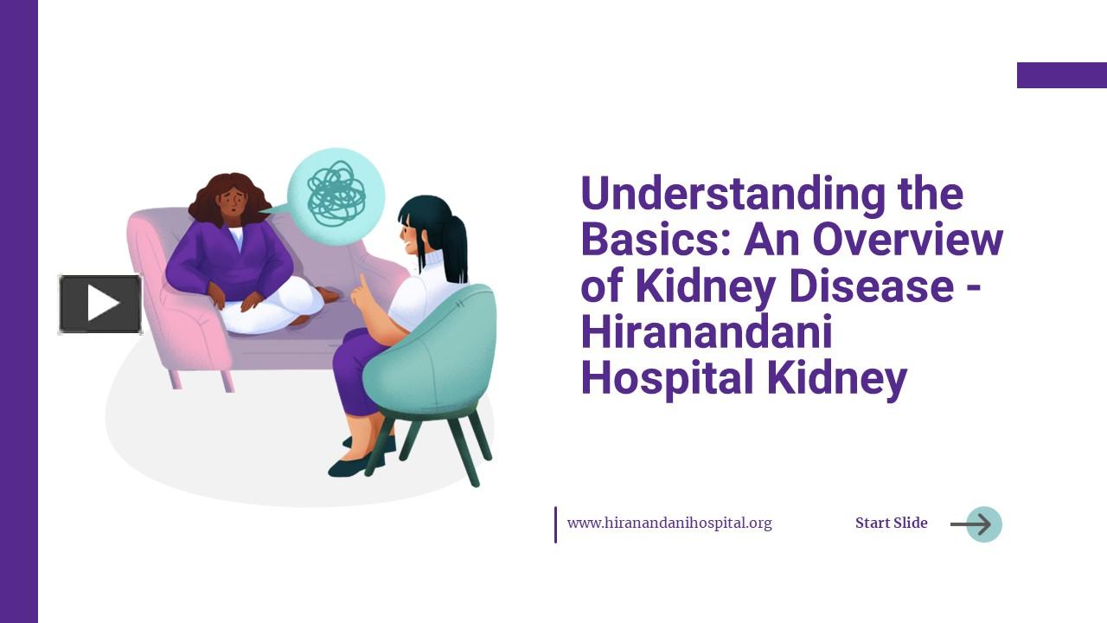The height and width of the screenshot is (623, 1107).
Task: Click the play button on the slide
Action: (100, 304)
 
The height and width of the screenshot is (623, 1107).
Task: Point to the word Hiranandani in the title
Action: (707, 333)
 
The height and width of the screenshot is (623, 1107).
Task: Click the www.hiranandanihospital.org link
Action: (669, 523)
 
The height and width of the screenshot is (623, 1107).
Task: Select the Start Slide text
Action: (891, 523)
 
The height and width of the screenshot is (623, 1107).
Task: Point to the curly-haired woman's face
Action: (231, 204)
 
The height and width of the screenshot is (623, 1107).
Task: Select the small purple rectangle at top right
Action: (1061, 75)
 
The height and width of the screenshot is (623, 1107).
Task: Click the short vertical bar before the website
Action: (555, 524)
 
